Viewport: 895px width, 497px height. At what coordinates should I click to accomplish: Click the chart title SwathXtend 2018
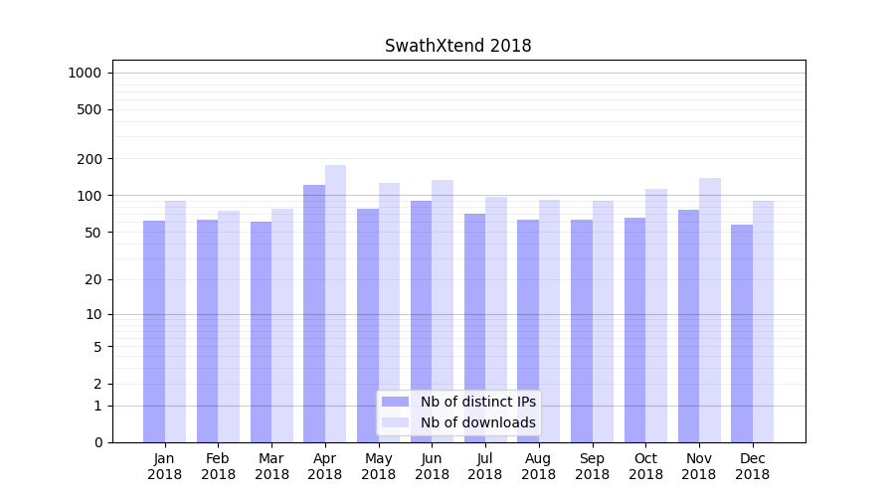[457, 47]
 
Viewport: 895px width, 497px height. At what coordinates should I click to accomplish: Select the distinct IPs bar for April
[314, 313]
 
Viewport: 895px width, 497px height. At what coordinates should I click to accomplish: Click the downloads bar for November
[709, 310]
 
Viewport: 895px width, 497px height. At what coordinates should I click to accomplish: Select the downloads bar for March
[282, 325]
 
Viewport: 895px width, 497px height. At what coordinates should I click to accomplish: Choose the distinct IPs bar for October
[634, 330]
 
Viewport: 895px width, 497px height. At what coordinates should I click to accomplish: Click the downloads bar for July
[496, 319]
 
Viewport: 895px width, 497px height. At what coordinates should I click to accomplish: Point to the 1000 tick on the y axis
[85, 73]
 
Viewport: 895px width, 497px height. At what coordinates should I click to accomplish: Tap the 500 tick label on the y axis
[90, 109]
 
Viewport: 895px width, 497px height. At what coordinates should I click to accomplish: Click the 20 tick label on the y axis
[93, 279]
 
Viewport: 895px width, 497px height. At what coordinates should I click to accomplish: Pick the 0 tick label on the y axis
[97, 442]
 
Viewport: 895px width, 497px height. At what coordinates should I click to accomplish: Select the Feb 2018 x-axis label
[219, 466]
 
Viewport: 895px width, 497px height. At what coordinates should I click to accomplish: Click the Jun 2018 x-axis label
[432, 466]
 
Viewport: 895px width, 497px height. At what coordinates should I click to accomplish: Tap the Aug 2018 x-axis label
[539, 466]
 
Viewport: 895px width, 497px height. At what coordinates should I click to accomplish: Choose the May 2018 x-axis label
[379, 466]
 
